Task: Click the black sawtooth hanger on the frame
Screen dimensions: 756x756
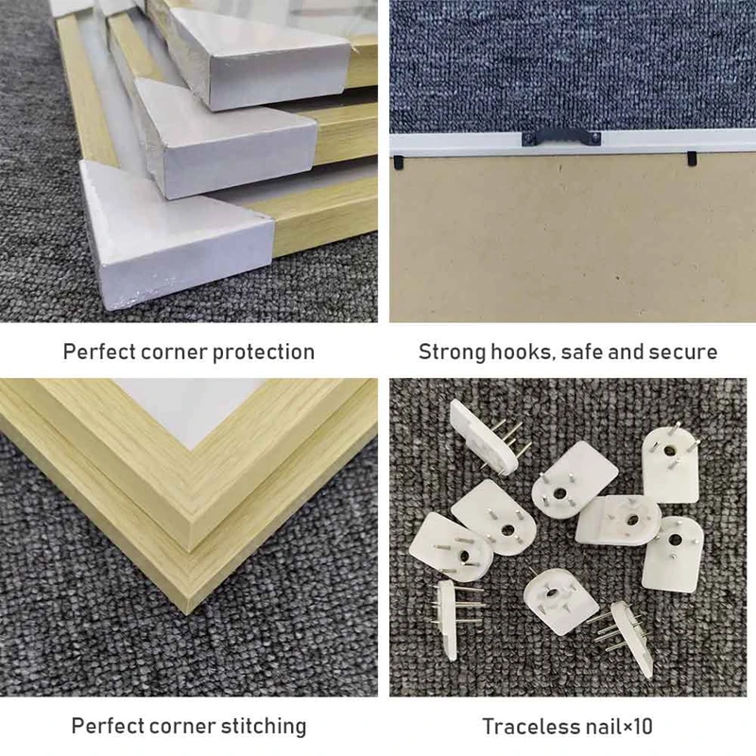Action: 561,137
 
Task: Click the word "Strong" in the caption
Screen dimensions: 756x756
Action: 452,352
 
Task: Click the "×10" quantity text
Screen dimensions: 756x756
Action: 638,727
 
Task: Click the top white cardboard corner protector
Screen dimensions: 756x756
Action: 261,58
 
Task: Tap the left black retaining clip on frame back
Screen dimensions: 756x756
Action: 398,162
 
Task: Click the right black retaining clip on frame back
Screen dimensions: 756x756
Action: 692,158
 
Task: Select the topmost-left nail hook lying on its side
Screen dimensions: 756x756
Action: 488,438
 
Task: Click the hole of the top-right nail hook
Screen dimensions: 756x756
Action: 669,451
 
